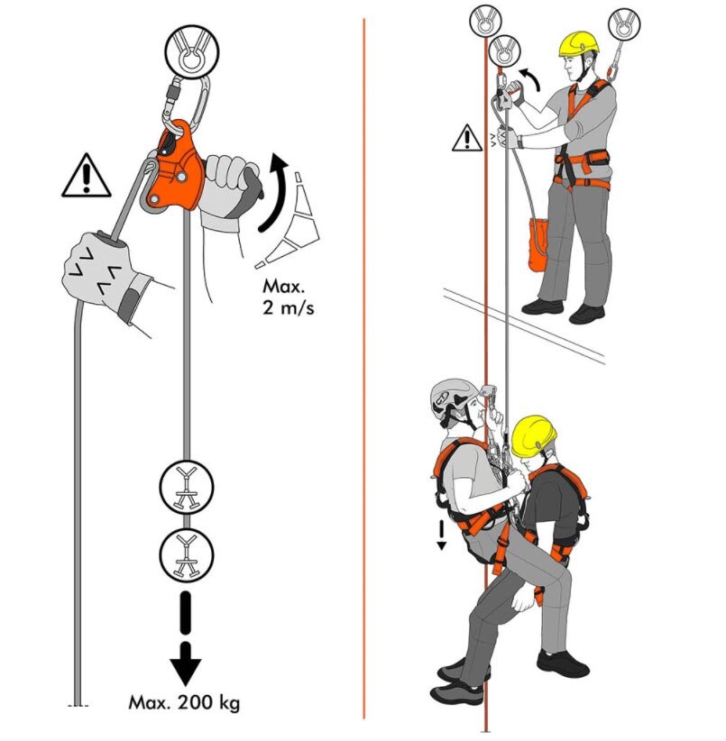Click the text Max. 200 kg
coord(184,702)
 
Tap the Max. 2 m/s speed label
coord(288,297)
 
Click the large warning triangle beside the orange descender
coord(86,175)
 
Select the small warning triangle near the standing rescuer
coord(467,138)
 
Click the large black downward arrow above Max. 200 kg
coord(186,638)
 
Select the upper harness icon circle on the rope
coord(187,487)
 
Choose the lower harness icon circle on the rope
coord(187,554)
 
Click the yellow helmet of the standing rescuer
coord(578,44)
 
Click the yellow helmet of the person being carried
coord(533,435)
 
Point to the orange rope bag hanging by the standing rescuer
coord(538,244)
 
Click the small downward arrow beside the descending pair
coord(441,535)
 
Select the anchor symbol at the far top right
coord(624,23)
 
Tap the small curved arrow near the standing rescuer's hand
coord(532,78)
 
